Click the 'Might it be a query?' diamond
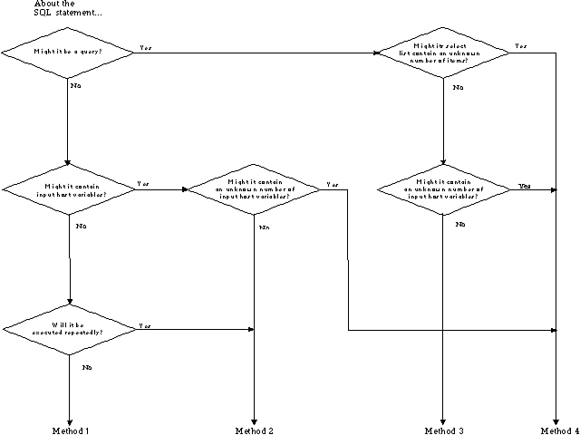pos(68,52)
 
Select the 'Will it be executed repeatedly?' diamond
pos(68,327)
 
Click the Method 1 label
pos(70,430)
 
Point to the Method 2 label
pos(254,430)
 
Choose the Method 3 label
pos(444,430)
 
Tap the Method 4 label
pos(555,430)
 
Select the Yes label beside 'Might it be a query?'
pos(145,46)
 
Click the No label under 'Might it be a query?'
pos(76,86)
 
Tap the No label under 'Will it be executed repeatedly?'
pos(87,367)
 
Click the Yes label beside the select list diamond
pos(521,45)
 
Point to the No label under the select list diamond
pos(458,87)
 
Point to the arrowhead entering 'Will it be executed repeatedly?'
pos(69,302)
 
